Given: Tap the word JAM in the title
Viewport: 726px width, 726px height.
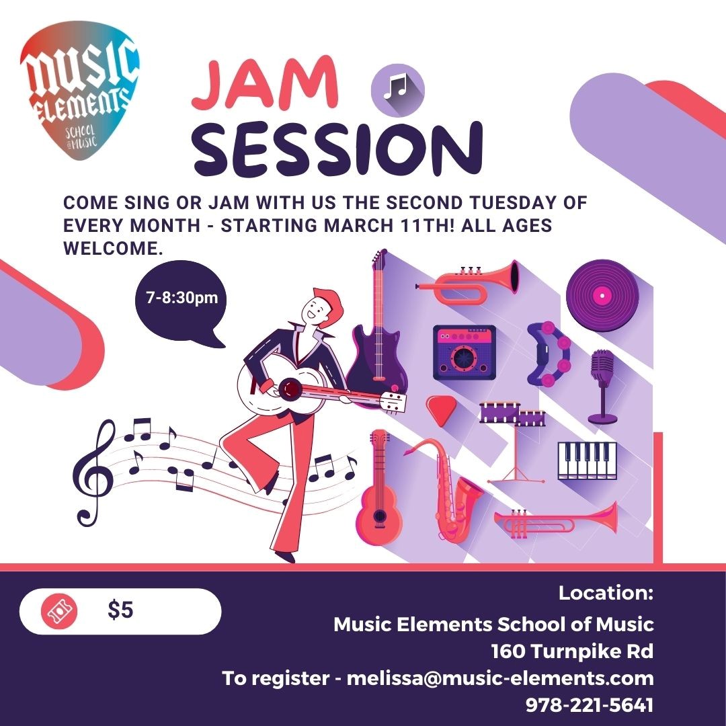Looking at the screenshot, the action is coord(265,83).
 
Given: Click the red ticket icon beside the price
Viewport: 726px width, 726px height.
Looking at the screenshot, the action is coord(59,611).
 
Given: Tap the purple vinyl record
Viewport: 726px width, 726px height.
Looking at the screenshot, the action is coord(602,295).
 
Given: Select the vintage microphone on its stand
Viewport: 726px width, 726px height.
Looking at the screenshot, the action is coord(602,387).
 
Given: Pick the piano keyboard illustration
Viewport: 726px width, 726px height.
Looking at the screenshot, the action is coord(587,460).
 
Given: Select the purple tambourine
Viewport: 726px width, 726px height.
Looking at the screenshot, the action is coord(549,354).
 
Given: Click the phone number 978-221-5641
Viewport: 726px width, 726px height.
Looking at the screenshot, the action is coord(590,704).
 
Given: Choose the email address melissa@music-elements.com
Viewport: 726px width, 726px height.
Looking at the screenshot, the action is coord(500,678).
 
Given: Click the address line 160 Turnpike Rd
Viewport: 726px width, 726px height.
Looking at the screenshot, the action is coord(572,651).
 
